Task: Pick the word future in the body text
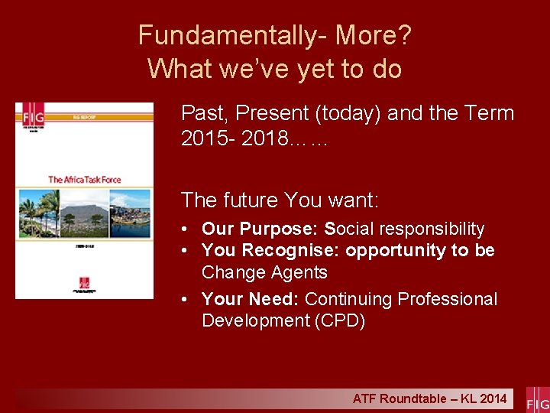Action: click(x=251, y=200)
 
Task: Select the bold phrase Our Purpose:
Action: click(x=260, y=229)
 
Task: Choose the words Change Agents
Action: click(x=264, y=272)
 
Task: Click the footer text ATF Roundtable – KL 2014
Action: click(x=429, y=398)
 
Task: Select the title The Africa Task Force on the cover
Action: click(x=85, y=180)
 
